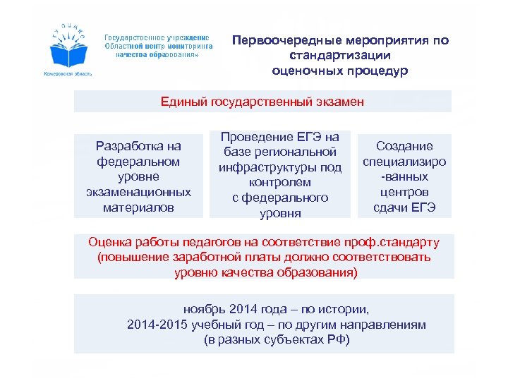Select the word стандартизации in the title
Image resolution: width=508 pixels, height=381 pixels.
340,55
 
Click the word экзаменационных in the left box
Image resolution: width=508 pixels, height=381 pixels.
138,192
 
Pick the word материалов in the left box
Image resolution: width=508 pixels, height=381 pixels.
138,207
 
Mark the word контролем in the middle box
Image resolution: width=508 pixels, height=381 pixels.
280,183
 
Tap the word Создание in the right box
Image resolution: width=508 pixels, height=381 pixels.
404,146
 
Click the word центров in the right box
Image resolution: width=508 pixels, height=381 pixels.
404,192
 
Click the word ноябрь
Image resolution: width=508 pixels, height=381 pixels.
204,309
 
